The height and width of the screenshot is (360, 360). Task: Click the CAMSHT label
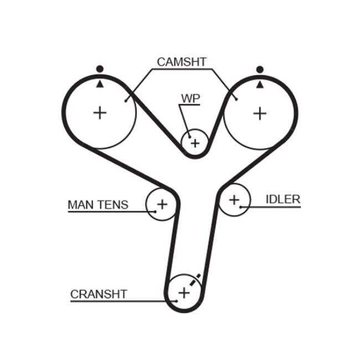click(x=181, y=61)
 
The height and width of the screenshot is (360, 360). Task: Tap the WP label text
click(x=190, y=98)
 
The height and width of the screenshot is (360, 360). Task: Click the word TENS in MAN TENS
click(x=113, y=204)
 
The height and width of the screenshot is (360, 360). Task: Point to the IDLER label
click(x=282, y=199)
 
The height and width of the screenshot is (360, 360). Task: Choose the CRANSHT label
click(x=99, y=294)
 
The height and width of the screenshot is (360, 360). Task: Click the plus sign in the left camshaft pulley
click(x=100, y=113)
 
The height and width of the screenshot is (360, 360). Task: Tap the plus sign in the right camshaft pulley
click(x=259, y=113)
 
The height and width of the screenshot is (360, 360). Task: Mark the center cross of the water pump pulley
click(x=194, y=143)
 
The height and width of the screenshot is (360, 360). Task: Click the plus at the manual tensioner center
click(x=162, y=204)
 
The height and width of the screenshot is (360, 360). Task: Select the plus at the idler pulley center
click(x=234, y=199)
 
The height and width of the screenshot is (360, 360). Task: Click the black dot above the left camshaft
click(x=100, y=69)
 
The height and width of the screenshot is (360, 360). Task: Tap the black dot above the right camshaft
click(x=259, y=69)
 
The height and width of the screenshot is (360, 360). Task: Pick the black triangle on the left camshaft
click(x=100, y=84)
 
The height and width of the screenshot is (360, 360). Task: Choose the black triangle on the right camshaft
click(x=259, y=84)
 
